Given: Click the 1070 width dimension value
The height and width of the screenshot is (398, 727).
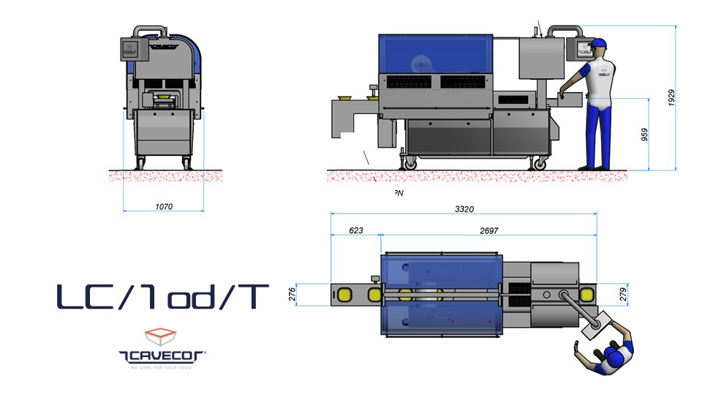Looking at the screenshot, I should click(x=164, y=207).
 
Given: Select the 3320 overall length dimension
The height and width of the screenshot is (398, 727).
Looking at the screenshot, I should click(x=464, y=209).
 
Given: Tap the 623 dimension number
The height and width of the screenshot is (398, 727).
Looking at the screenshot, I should click(x=355, y=230).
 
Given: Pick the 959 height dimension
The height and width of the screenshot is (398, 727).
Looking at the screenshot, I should click(x=644, y=135).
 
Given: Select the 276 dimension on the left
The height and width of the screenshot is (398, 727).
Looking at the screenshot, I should click(x=293, y=293).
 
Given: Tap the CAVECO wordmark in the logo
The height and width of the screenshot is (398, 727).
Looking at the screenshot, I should click(x=162, y=356).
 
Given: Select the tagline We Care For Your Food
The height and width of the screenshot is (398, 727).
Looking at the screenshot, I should click(x=162, y=367).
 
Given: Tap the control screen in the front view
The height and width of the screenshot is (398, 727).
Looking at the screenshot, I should click(x=131, y=49).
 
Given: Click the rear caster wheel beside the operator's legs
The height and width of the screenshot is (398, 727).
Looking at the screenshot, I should click(x=541, y=164).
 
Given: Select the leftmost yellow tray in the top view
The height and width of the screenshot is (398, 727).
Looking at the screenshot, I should click(x=344, y=294).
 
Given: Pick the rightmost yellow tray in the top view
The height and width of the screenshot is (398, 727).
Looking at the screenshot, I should click(x=586, y=294).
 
